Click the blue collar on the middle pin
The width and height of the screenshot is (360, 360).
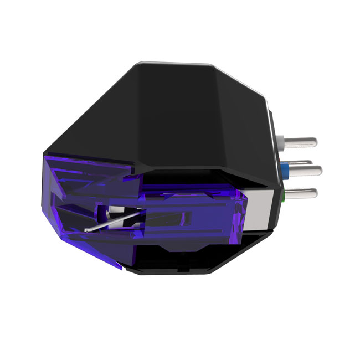284,168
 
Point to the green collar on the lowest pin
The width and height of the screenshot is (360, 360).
283,194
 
